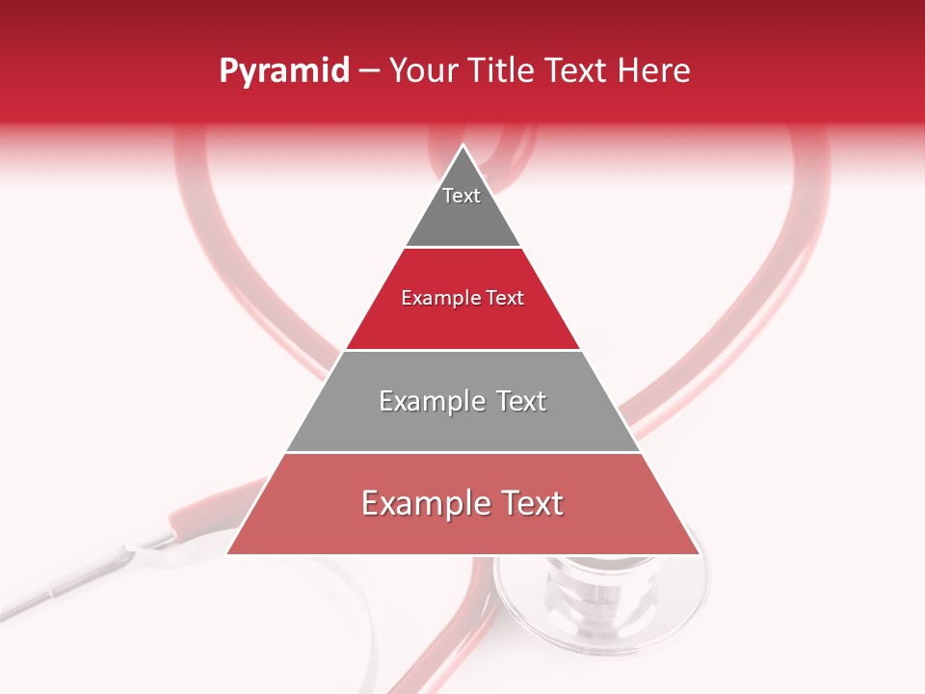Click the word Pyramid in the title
tap(284, 71)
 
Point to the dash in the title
tap(369, 71)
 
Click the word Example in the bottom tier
tap(425, 504)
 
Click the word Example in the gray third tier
tap(432, 401)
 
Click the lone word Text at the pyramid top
tap(462, 196)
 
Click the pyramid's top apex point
tap(463, 147)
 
